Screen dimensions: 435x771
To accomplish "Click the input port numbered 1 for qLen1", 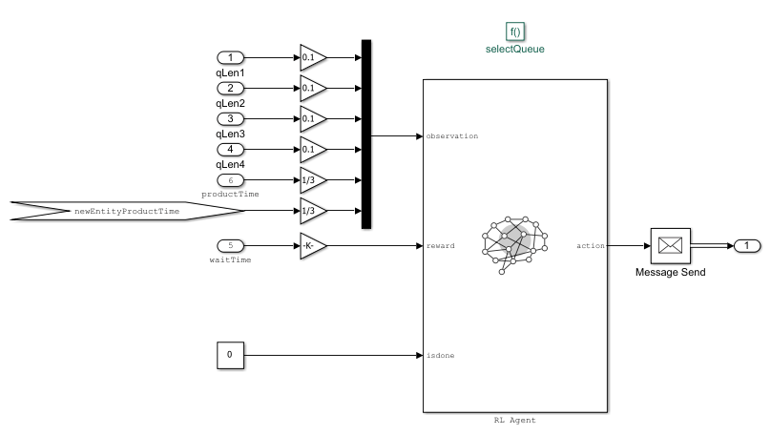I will pos(230,57).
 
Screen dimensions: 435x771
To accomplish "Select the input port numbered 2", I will pos(230,88).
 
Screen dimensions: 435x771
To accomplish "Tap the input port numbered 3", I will pos(230,118).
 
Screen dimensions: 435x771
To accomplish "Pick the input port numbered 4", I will pos(230,149).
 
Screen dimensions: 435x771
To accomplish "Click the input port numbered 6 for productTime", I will pos(230,179).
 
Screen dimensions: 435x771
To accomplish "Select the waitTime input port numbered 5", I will pos(230,245).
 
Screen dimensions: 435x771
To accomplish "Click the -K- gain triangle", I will pos(311,245).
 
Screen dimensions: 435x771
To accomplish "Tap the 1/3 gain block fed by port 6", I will pos(311,179).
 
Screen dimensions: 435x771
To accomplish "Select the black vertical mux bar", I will pos(366,134).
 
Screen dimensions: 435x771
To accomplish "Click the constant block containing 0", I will pos(229,356).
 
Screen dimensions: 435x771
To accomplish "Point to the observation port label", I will pos(452,135).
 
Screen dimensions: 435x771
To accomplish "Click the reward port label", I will pos(441,246).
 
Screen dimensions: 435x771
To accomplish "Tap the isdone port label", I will pos(441,356).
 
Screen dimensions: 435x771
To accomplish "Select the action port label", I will pos(591,246).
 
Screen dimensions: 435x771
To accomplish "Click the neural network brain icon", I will pos(515,244).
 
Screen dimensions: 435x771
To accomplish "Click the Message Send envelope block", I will pos(670,245).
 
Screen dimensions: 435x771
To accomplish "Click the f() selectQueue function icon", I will pos(515,31).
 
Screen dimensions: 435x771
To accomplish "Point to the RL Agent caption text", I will pos(515,420).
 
